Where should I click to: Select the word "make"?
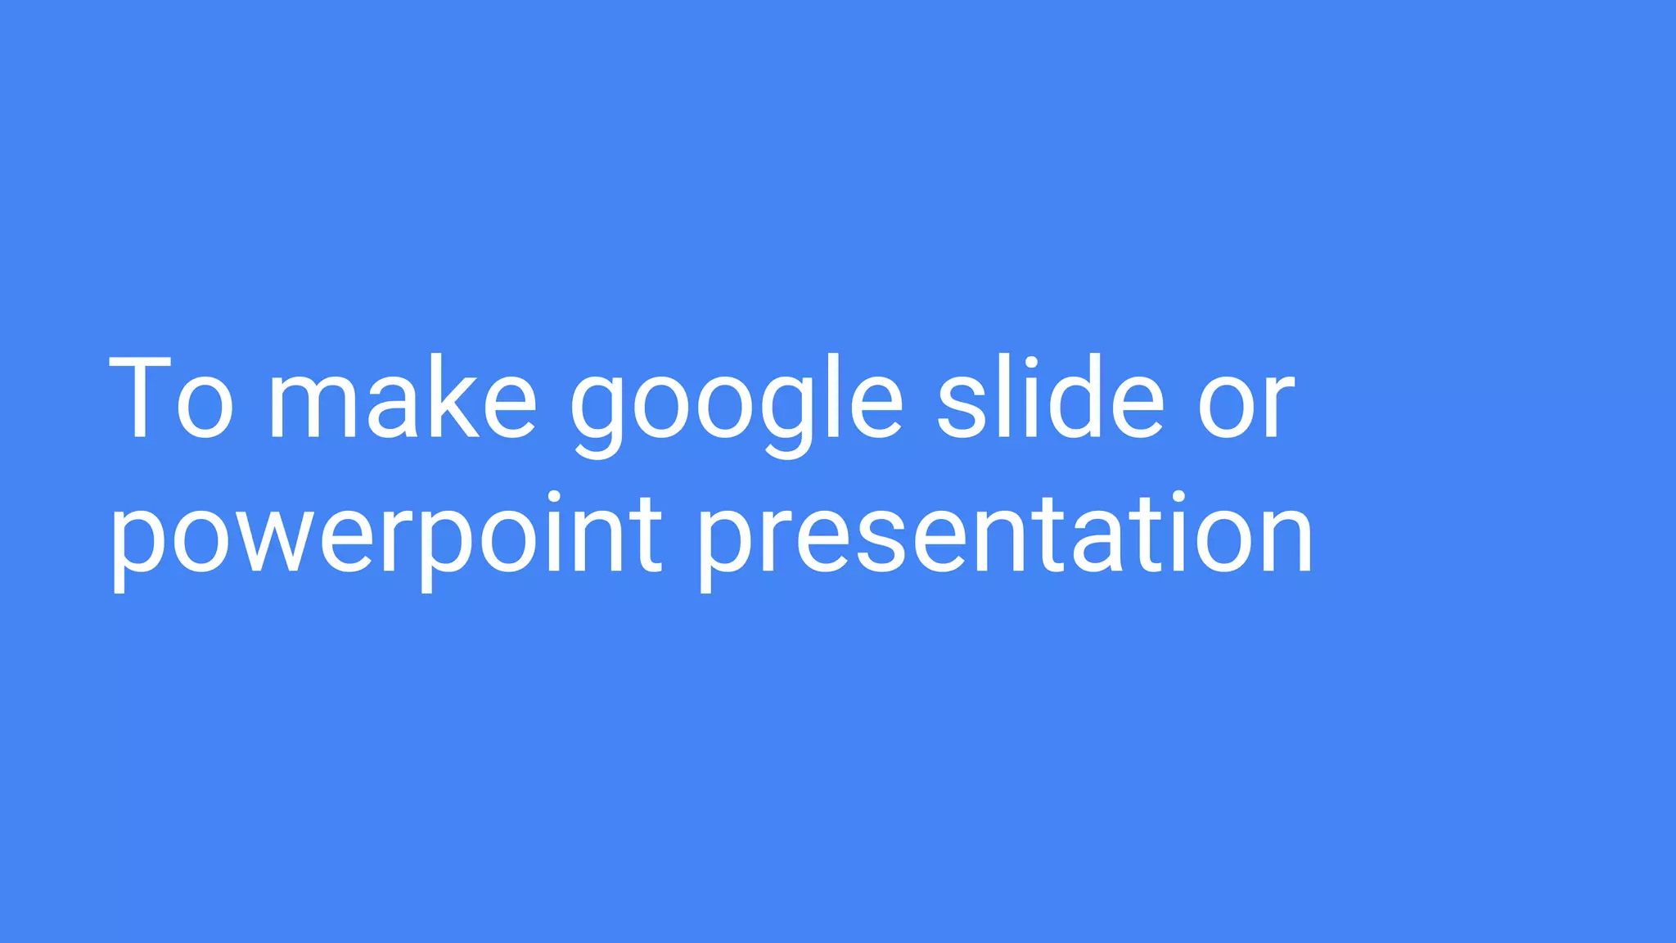tap(402, 399)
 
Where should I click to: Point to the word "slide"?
tap(1050, 399)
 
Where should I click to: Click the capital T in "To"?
tap(139, 399)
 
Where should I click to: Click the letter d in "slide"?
tap(1072, 399)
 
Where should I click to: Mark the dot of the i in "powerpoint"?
tap(555, 499)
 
